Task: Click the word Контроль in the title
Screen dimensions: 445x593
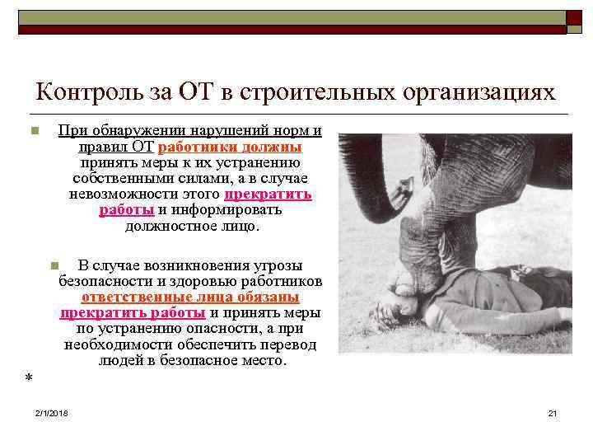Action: click(x=87, y=91)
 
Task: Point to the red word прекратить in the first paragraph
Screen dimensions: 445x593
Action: click(x=268, y=194)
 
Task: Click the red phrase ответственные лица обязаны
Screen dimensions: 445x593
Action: click(x=190, y=297)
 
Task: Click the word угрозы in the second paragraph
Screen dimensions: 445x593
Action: click(x=273, y=266)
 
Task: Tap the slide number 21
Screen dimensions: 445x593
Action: click(x=553, y=412)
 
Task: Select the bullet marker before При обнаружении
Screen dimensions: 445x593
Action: click(x=34, y=132)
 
